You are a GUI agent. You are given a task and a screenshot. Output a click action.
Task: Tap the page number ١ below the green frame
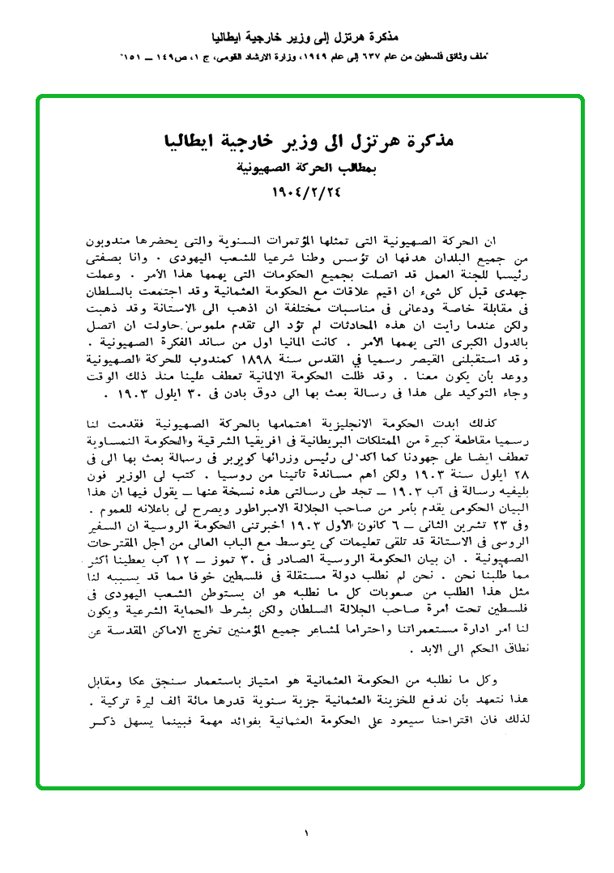point(307,832)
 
